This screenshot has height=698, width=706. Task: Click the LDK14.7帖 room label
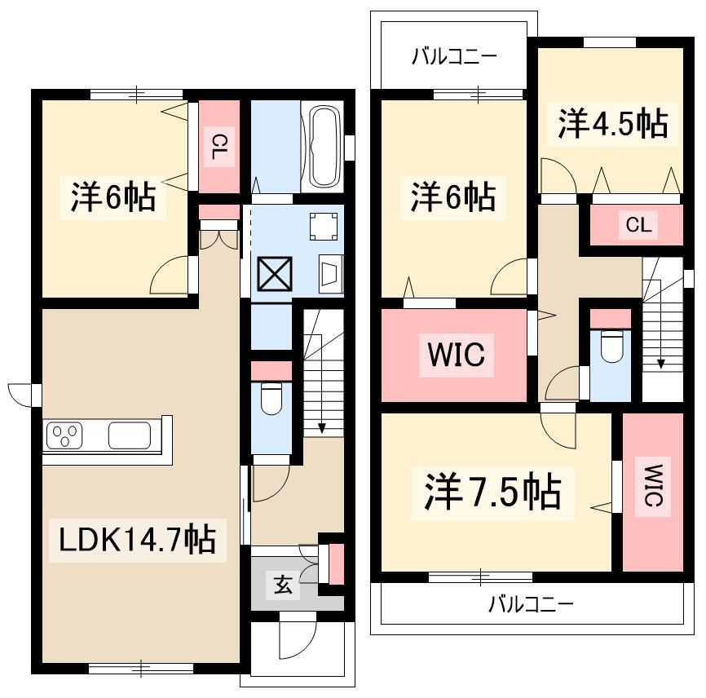tap(137, 540)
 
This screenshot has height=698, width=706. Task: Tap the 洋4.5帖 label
tap(613, 123)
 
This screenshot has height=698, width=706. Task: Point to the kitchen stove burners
tap(64, 435)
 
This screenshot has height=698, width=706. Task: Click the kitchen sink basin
tap(130, 435)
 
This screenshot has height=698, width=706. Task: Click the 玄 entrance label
tap(283, 585)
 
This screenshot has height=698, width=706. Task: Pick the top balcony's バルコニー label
tap(454, 57)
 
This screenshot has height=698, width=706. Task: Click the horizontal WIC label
tap(457, 354)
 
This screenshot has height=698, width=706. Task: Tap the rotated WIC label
tap(653, 486)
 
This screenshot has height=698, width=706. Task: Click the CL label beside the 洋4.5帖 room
tap(638, 224)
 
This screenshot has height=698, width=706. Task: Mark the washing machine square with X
tap(275, 274)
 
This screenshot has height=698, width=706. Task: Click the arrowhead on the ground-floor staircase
tap(321, 428)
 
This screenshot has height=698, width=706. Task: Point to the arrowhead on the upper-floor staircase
tap(661, 363)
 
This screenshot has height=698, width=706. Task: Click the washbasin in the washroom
tap(330, 274)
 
